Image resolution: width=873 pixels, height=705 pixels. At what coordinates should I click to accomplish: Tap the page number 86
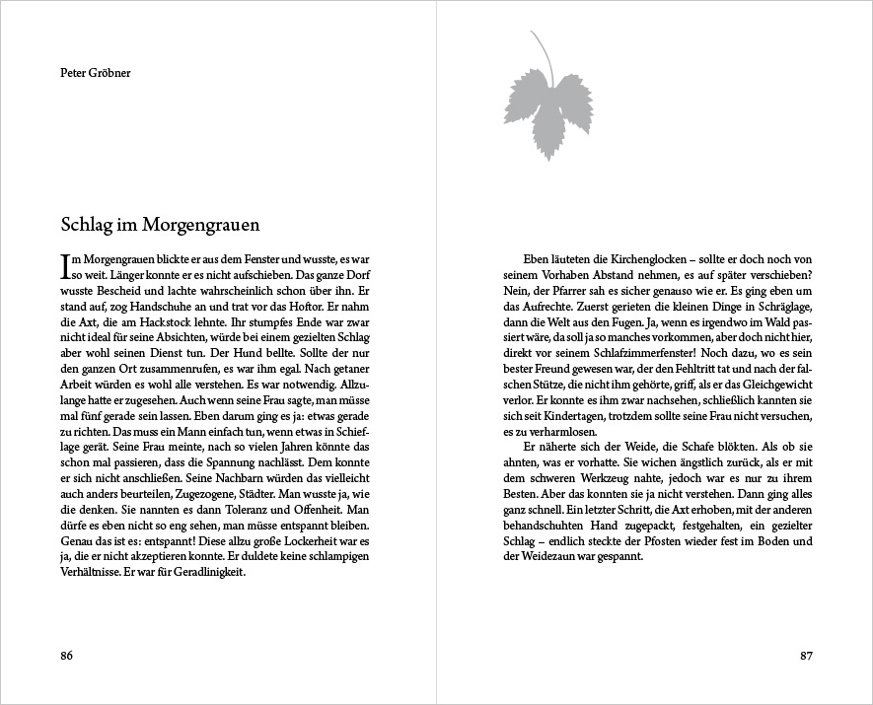[67, 656]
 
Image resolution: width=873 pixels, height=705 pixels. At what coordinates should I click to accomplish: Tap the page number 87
[805, 656]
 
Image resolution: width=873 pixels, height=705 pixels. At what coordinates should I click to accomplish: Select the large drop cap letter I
[64, 262]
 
